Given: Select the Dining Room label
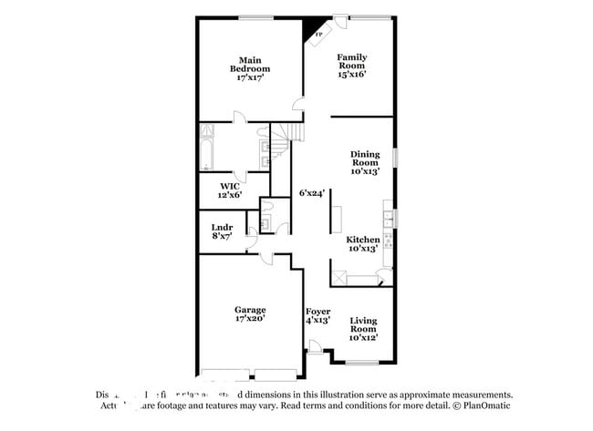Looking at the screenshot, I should (x=364, y=162).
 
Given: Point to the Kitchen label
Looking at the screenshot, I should (x=363, y=243).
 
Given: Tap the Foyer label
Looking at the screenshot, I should (x=317, y=315).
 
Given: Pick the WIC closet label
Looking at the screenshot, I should (x=229, y=190).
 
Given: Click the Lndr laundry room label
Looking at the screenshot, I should (x=223, y=232).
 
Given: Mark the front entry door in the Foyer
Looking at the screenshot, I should (x=314, y=347).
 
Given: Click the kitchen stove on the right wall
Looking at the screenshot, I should (x=389, y=241).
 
